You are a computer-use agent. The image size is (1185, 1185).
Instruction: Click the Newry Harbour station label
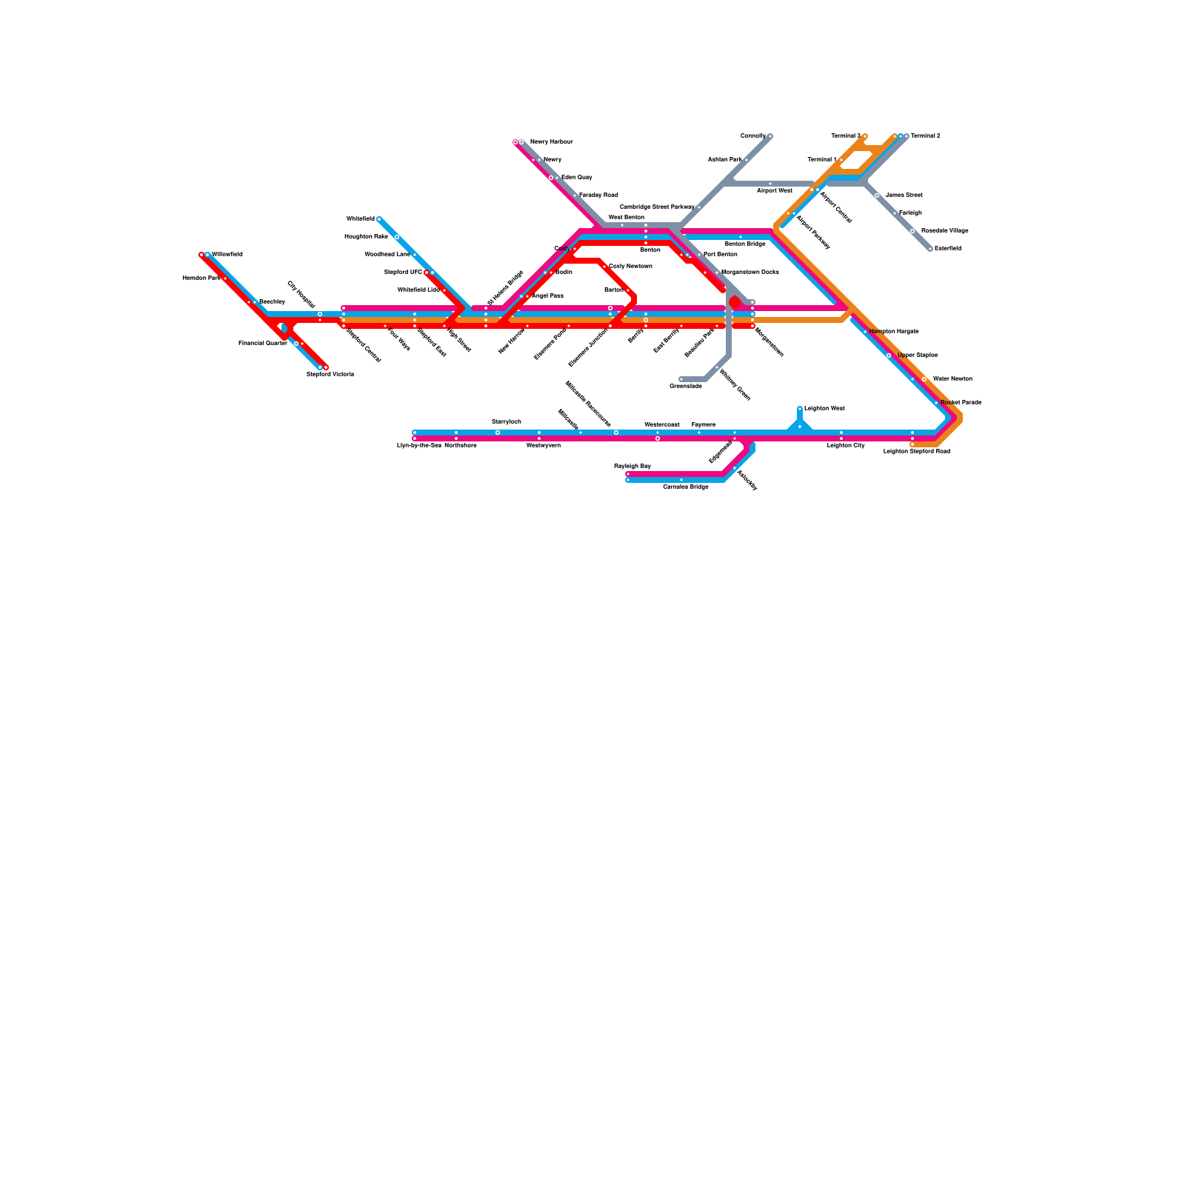tap(551, 141)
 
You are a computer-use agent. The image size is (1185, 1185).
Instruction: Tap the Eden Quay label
tap(576, 178)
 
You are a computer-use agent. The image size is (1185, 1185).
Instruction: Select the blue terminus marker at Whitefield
tap(379, 219)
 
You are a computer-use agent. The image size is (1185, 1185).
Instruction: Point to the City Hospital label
tap(301, 294)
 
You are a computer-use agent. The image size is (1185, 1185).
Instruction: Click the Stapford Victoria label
tap(330, 375)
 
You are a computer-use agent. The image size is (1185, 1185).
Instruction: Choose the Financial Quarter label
tap(262, 344)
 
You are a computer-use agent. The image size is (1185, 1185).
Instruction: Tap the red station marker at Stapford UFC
tap(427, 273)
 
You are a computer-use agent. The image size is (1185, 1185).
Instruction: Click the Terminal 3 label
tap(845, 136)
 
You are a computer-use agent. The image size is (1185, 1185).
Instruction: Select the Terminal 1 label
tap(821, 160)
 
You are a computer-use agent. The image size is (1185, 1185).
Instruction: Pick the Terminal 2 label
tap(925, 136)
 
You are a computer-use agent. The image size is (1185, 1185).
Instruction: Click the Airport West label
tap(775, 191)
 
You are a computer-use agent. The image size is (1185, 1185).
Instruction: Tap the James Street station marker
tap(877, 196)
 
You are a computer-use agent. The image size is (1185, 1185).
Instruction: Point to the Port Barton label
tap(720, 255)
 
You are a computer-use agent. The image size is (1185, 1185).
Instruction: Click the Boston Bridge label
tap(744, 244)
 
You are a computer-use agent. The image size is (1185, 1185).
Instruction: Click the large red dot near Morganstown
tap(735, 302)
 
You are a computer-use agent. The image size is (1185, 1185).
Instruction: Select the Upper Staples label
tap(917, 355)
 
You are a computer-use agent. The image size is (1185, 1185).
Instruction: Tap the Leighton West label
tap(824, 409)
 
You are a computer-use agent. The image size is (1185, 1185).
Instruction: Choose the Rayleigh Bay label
tap(632, 467)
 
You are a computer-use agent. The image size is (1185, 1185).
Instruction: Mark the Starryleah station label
tap(507, 422)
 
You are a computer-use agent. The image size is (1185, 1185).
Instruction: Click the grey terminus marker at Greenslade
tap(681, 379)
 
